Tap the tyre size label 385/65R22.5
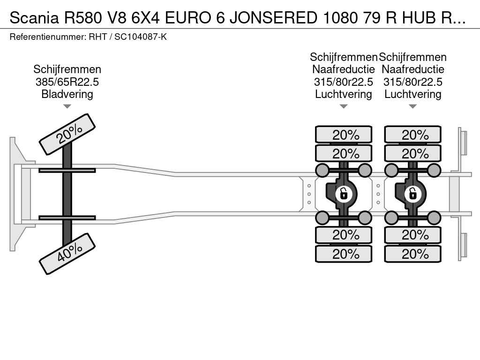point(67,82)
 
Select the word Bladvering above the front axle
point(67,94)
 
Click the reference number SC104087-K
point(141,37)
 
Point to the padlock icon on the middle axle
point(344,193)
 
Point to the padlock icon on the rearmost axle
point(413,193)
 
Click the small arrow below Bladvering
point(67,106)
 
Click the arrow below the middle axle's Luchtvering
point(344,106)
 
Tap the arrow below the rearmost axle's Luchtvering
point(413,106)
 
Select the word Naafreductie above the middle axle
point(344,70)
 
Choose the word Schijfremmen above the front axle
point(67,70)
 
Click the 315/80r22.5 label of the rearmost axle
point(413,82)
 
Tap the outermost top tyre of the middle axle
point(344,135)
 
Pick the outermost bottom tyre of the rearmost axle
point(413,254)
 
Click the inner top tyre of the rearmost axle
point(413,153)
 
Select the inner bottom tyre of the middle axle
point(344,234)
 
